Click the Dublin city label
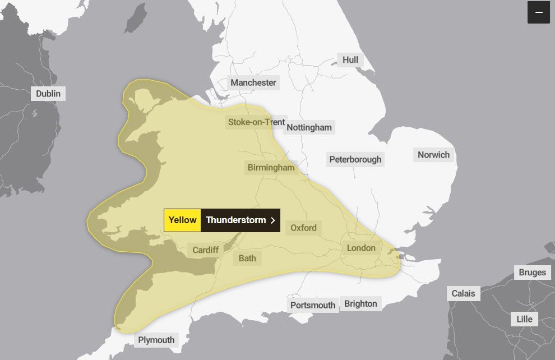coord(48,94)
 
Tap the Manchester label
coord(253,82)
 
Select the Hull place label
coord(350,60)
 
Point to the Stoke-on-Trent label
coord(256,122)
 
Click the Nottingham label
coord(309,127)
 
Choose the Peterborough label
coord(355,159)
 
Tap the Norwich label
coord(434,155)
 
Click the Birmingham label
coord(271,168)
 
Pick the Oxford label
coord(303,228)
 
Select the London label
coord(361,248)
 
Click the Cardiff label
coord(206,250)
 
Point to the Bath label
coord(247,258)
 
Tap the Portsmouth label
coord(313,305)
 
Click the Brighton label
coord(361,303)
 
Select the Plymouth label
coord(156,340)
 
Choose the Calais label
coord(464,293)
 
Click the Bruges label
coord(532,273)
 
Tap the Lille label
coord(525,319)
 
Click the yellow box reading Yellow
coord(182,220)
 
